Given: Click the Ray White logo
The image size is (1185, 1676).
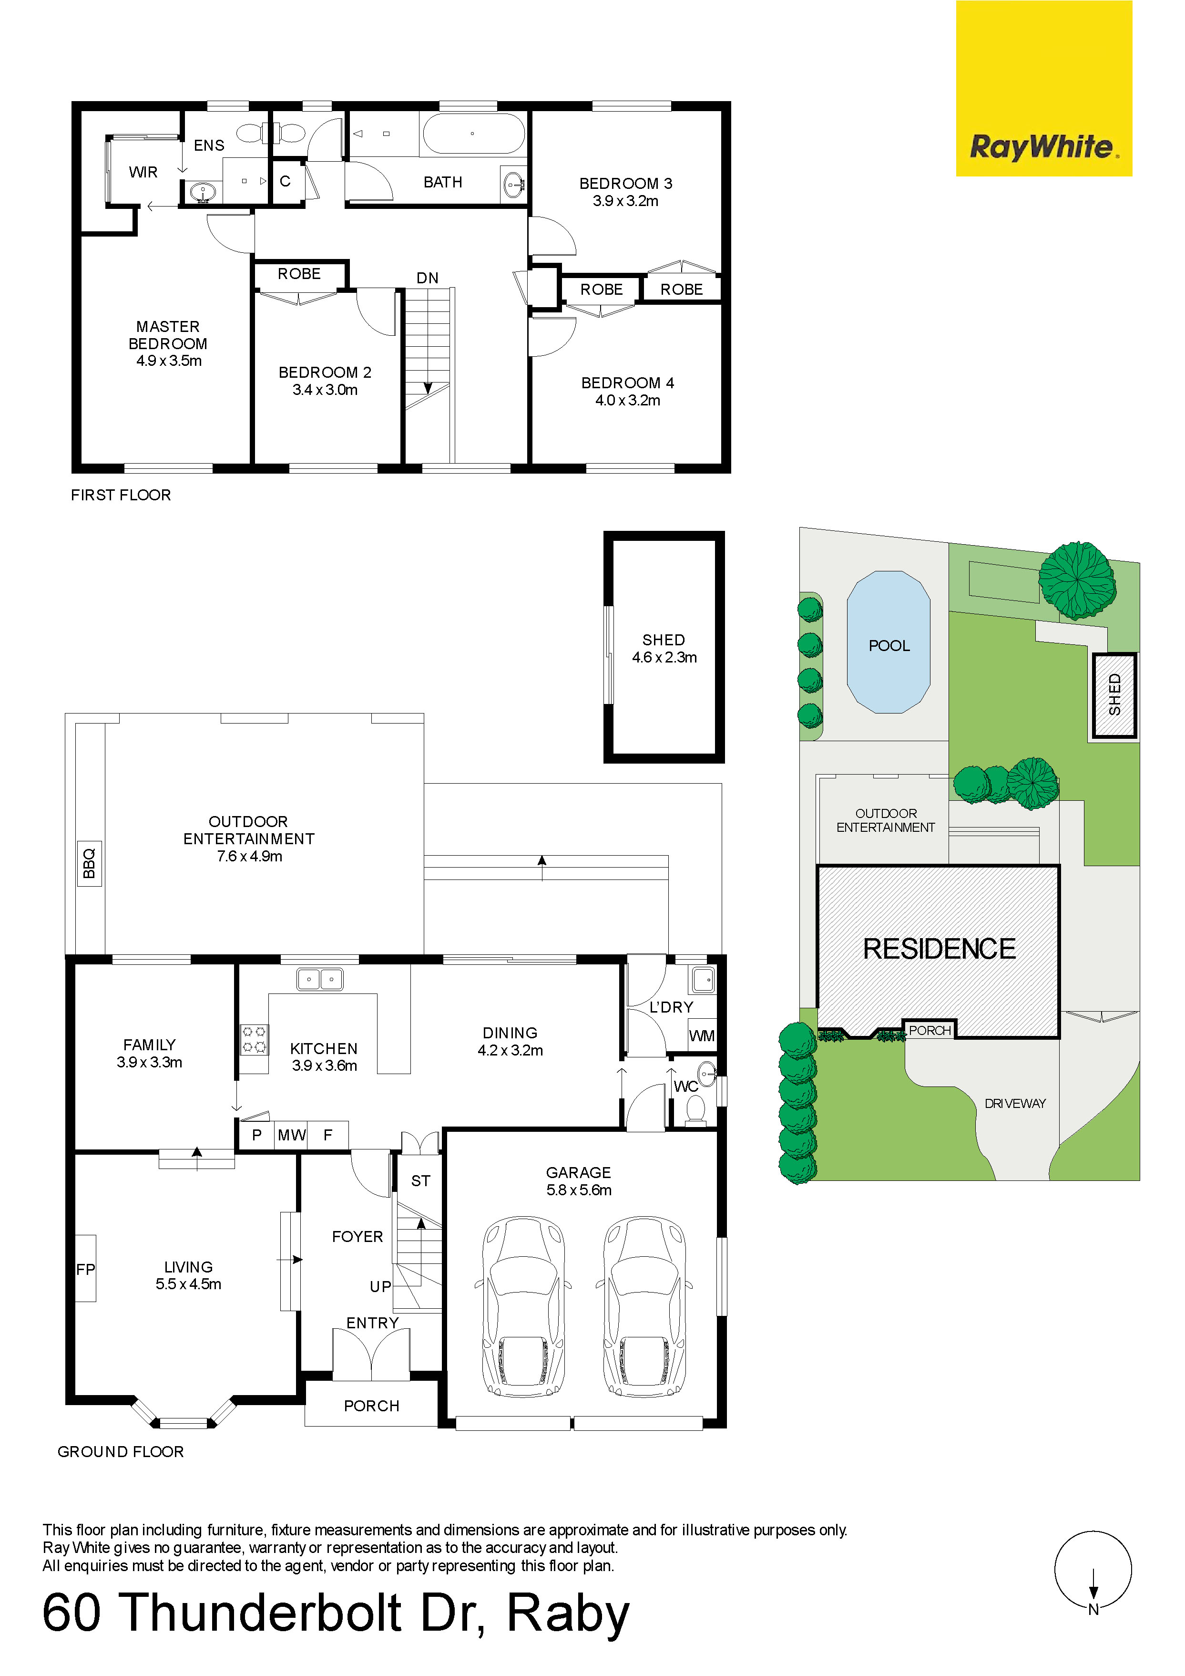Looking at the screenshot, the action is pos(1043,88).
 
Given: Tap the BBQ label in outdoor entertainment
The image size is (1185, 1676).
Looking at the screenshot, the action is pos(89,864).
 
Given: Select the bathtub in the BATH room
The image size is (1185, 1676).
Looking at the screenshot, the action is pos(473,133).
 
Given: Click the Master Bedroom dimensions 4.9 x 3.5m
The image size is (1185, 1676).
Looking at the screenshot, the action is pos(169,361).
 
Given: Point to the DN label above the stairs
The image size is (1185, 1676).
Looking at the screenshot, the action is pos(428,278).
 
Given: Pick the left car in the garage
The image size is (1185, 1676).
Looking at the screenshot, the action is pos(523,1307).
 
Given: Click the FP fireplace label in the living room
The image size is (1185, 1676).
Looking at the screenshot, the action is pos(85,1270).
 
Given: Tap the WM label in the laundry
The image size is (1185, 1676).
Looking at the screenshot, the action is pos(702,1036).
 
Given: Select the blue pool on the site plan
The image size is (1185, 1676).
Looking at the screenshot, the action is pos(888,641).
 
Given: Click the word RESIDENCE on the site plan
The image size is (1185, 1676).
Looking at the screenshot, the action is pos(939,949).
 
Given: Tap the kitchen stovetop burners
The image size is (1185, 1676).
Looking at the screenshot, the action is pos(254,1039).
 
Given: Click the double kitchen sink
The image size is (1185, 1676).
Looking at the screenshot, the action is pos(319,979).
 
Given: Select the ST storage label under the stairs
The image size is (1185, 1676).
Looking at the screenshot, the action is pos(421,1181).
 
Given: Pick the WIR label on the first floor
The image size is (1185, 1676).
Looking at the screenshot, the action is pos(143,172).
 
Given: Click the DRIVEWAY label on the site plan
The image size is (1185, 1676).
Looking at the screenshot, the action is pos(1015,1104).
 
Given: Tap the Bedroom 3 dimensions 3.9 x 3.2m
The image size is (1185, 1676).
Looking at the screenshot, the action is pos(625,201).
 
